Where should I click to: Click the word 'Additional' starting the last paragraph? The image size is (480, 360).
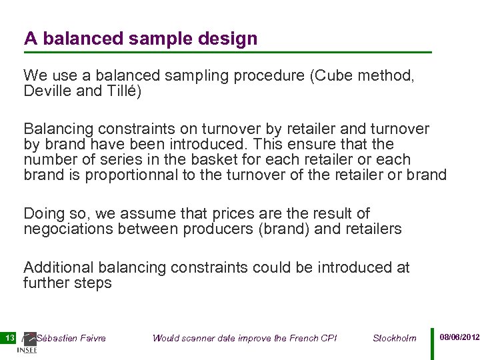coord(59,267)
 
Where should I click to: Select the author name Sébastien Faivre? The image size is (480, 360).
coord(71,338)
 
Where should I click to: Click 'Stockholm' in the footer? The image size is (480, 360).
coord(395,338)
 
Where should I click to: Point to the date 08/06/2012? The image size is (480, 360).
coord(459,338)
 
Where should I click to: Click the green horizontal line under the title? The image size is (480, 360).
coord(227,52)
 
